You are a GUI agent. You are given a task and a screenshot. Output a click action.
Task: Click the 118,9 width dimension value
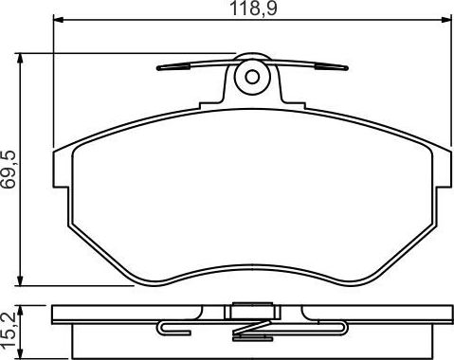pos(250,10)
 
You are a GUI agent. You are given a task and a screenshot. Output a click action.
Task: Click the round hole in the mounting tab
pos(251,79)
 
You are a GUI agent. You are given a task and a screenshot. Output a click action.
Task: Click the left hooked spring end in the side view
pos(169,328)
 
